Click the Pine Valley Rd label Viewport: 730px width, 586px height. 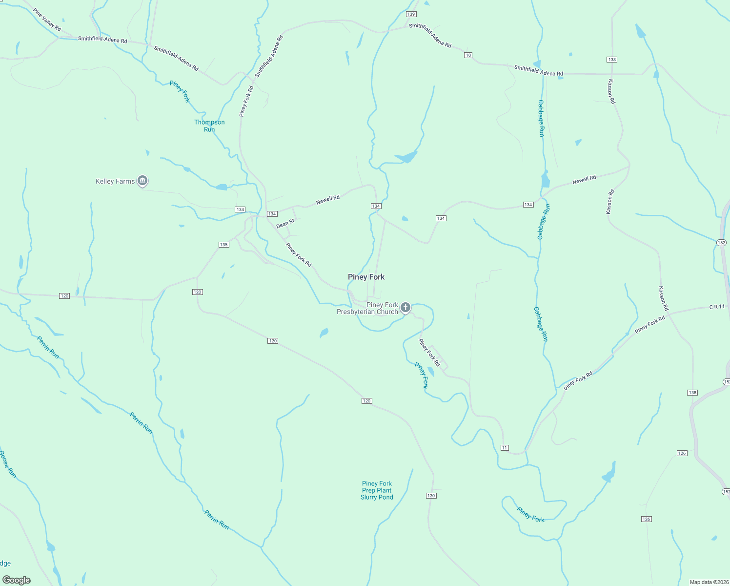47,20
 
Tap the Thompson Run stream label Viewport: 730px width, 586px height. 209,126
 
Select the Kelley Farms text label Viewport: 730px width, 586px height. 115,181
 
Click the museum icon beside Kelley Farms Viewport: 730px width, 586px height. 142,181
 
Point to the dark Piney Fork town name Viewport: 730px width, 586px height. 366,277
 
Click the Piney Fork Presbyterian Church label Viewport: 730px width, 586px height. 367,308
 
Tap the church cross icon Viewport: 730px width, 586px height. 405,307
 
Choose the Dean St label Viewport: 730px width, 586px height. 285,224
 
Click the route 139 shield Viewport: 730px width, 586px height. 411,14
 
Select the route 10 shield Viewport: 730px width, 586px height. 468,55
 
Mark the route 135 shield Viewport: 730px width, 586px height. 223,245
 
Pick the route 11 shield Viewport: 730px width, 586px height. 505,447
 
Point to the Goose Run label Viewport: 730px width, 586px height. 8,464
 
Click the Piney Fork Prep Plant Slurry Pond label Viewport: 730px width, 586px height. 377,490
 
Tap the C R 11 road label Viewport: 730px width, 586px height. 717,307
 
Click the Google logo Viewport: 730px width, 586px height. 17,580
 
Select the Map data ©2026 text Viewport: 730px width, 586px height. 708,582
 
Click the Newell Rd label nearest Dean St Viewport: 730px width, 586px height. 327,199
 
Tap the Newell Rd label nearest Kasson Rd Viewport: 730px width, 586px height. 584,180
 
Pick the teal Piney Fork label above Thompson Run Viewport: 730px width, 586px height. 180,91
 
